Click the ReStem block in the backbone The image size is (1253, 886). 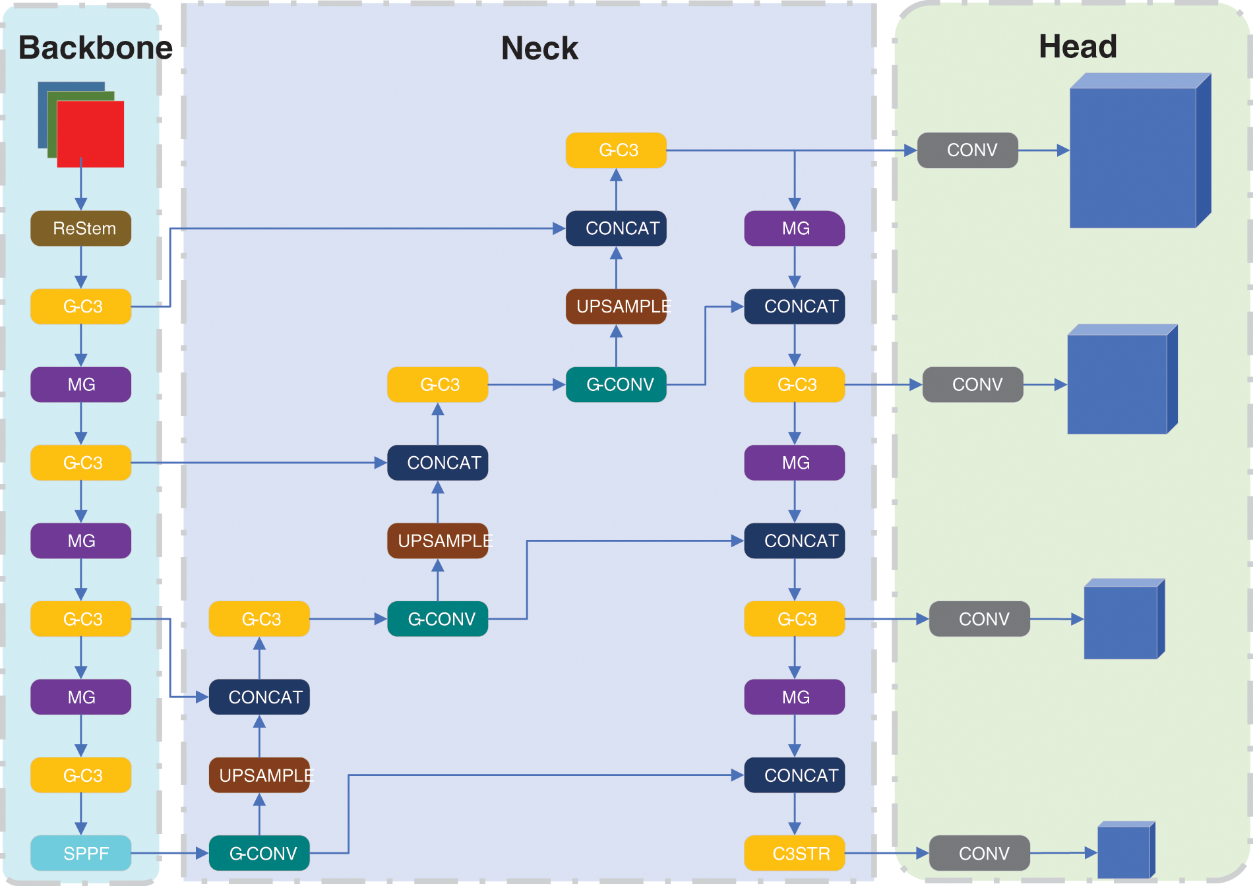coord(81,228)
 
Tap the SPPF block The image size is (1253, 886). coord(81,853)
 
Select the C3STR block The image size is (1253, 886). coord(795,853)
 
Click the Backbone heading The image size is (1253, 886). coord(96,47)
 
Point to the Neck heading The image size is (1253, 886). coord(539,48)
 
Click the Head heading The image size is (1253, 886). coord(1078,47)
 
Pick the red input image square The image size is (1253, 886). coord(90,134)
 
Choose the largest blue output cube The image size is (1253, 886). coord(1140,151)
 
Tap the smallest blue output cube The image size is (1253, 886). coord(1126,850)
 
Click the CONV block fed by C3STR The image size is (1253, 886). coord(979,853)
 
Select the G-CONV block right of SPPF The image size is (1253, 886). coord(259,853)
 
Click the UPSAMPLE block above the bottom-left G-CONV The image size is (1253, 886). coord(259,775)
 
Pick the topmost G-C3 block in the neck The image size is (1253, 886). coord(616,150)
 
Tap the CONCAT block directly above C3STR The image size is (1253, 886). coord(795,775)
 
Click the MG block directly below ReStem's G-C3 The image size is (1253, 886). coord(81,384)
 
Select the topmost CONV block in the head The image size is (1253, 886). coord(967,150)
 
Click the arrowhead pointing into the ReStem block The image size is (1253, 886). coord(81,204)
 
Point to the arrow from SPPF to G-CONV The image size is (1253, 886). coord(170,853)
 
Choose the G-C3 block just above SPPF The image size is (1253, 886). coord(81,775)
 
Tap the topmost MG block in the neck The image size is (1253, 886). coord(795,228)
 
